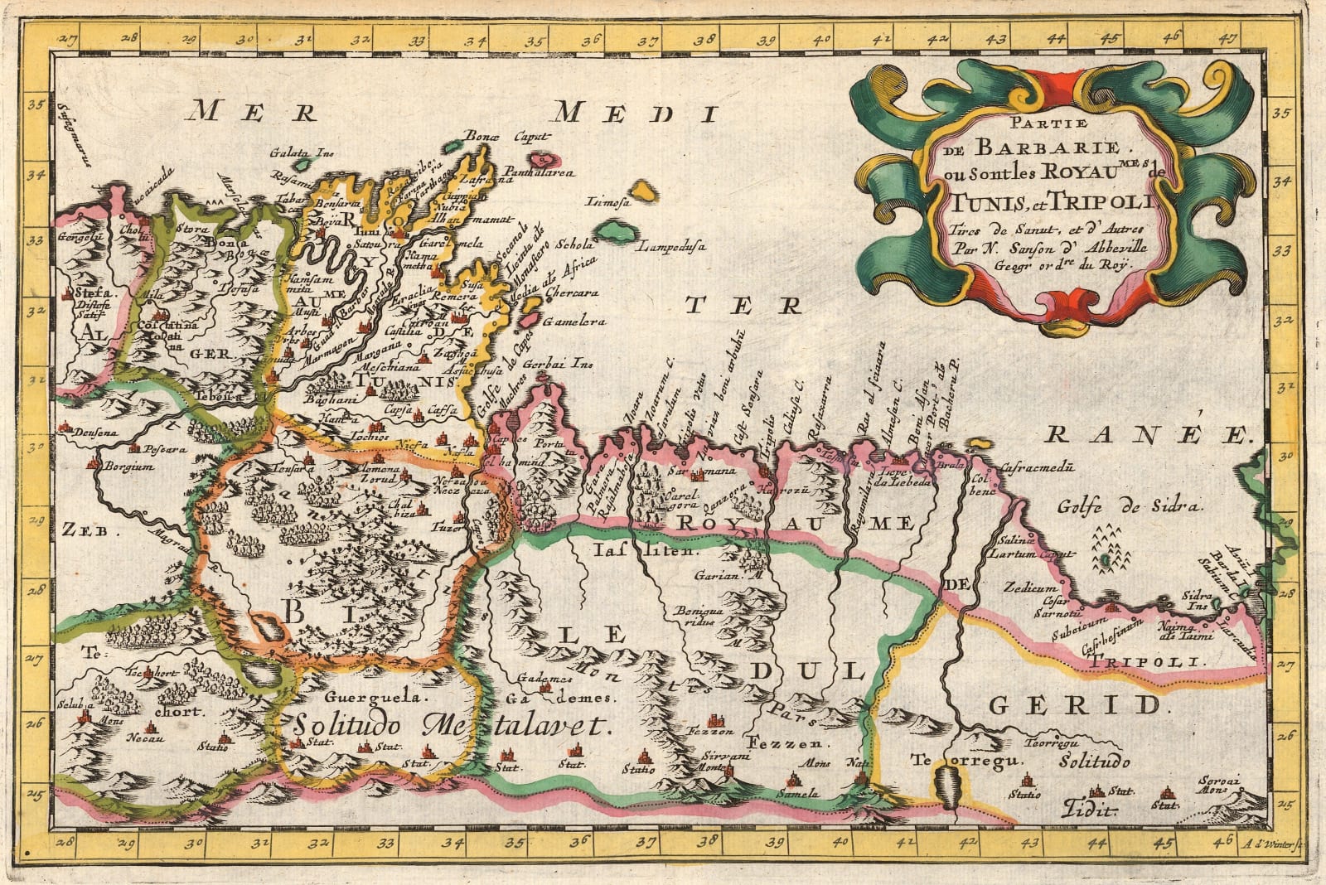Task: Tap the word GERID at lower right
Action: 1074,706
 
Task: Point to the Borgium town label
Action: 128,467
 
